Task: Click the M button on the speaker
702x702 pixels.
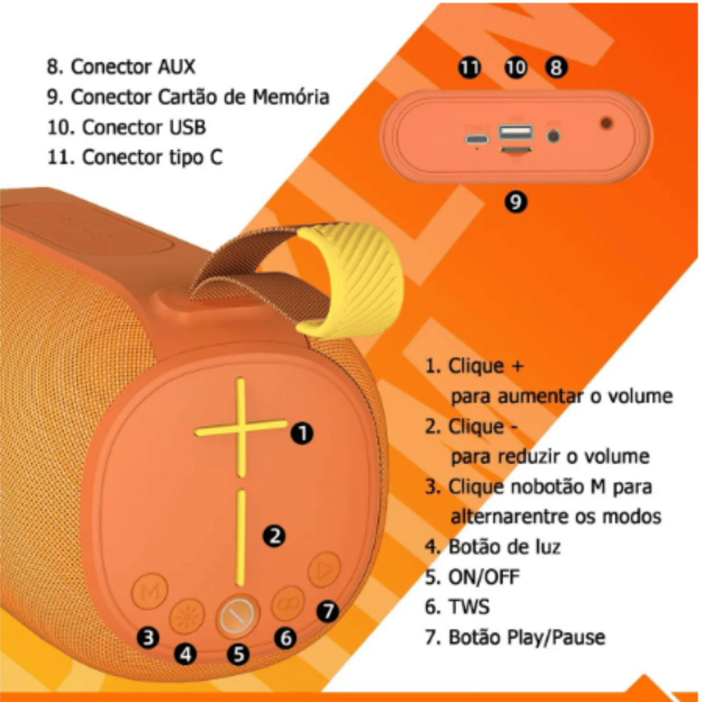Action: click(x=149, y=591)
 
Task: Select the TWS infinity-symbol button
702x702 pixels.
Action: click(x=289, y=603)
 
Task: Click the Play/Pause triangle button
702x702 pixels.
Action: click(x=324, y=569)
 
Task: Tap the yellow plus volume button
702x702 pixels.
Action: click(x=241, y=428)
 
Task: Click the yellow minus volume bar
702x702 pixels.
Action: click(x=241, y=537)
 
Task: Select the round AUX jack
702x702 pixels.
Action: click(x=553, y=136)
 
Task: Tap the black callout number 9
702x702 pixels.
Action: click(x=516, y=202)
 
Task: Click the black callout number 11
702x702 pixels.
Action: click(x=470, y=67)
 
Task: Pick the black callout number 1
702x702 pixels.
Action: click(x=302, y=433)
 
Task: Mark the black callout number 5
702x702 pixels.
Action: click(x=238, y=653)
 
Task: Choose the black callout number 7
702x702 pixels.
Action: click(x=329, y=609)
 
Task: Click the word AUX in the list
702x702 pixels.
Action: click(x=176, y=66)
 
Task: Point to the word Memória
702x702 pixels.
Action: click(x=291, y=97)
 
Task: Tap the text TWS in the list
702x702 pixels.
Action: click(x=469, y=607)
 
